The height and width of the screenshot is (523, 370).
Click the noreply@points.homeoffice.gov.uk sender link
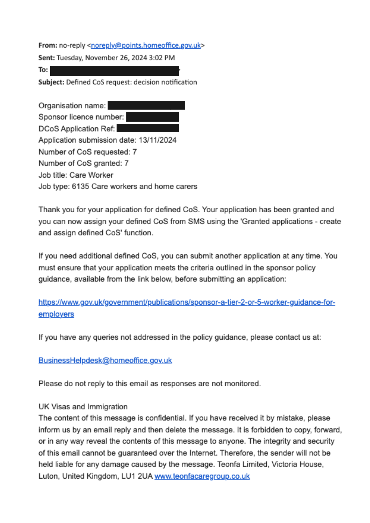click(146, 45)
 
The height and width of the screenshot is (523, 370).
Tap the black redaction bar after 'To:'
click(114, 71)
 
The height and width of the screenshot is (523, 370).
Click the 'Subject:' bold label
click(51, 82)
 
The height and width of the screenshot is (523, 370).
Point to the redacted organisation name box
click(146, 105)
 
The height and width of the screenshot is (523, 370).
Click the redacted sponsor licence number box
click(152, 117)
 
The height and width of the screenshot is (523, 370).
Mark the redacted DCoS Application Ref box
click(148, 128)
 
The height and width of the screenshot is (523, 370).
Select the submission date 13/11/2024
click(158, 140)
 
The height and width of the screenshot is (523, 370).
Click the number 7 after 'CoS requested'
click(134, 152)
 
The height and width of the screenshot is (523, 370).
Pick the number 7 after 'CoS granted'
click(126, 163)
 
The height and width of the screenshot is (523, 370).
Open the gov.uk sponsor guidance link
click(187, 302)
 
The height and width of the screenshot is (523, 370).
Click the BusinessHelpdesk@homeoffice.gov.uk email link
click(105, 360)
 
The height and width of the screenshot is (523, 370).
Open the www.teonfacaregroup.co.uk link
click(202, 476)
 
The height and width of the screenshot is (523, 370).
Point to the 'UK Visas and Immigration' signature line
click(83, 407)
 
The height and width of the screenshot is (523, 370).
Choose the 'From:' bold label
click(48, 45)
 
